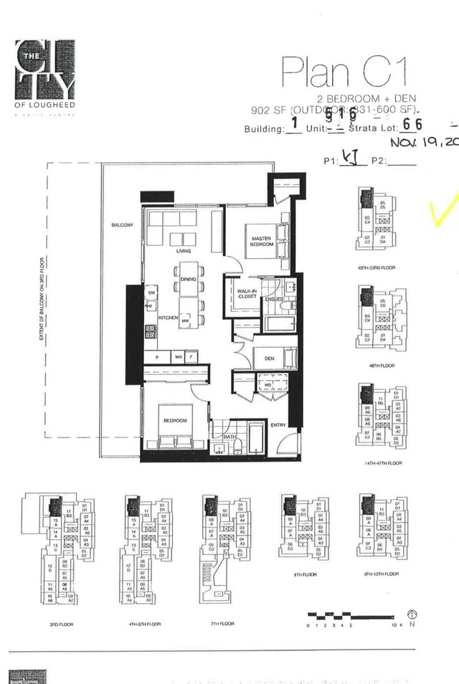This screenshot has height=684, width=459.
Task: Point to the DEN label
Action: pyautogui.click(x=269, y=358)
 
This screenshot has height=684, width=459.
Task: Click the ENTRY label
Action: pyautogui.click(x=278, y=425)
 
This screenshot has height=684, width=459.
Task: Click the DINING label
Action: pyautogui.click(x=189, y=279)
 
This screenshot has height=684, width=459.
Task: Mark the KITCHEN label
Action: pyautogui.click(x=168, y=317)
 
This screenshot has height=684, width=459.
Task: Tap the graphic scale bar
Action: pyautogui.click(x=352, y=616)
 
